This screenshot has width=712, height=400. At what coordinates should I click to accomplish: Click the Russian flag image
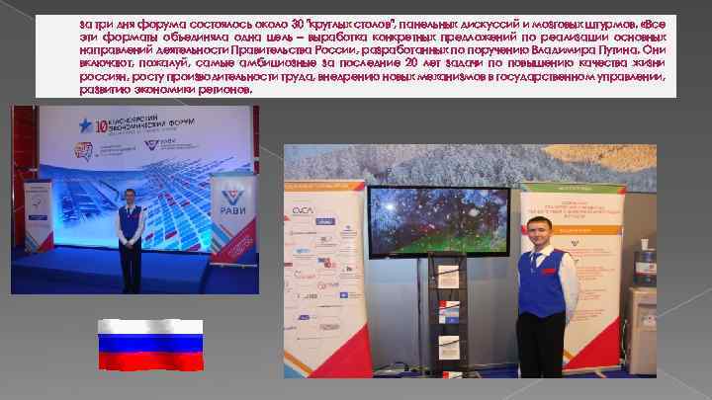click(149, 346)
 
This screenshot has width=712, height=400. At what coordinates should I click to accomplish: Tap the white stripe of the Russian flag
click(149, 328)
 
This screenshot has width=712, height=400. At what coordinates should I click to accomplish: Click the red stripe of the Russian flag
click(149, 362)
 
